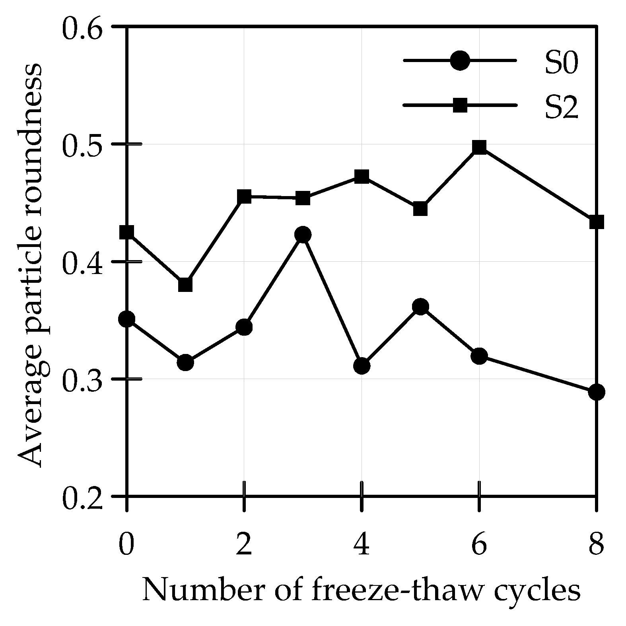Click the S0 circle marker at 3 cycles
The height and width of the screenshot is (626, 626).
pos(303,235)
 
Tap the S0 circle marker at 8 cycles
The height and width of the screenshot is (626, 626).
pos(596,392)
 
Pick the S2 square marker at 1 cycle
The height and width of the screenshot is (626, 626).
pos(185,285)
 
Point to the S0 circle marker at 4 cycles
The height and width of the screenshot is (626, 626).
pos(362,365)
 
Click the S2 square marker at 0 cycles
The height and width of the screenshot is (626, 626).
pos(127,232)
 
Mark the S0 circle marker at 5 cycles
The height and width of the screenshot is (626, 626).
pos(420,307)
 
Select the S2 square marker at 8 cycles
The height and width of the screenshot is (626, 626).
pos(596,222)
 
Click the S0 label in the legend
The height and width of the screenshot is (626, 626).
pos(561,64)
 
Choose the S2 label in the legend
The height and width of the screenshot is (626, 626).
pos(561,108)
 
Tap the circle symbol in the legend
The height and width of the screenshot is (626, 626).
pos(460,61)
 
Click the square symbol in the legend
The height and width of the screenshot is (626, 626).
pos(460,105)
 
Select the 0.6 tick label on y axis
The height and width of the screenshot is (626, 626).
pos(82,28)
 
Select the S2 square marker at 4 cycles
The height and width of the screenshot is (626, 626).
pos(362,176)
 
